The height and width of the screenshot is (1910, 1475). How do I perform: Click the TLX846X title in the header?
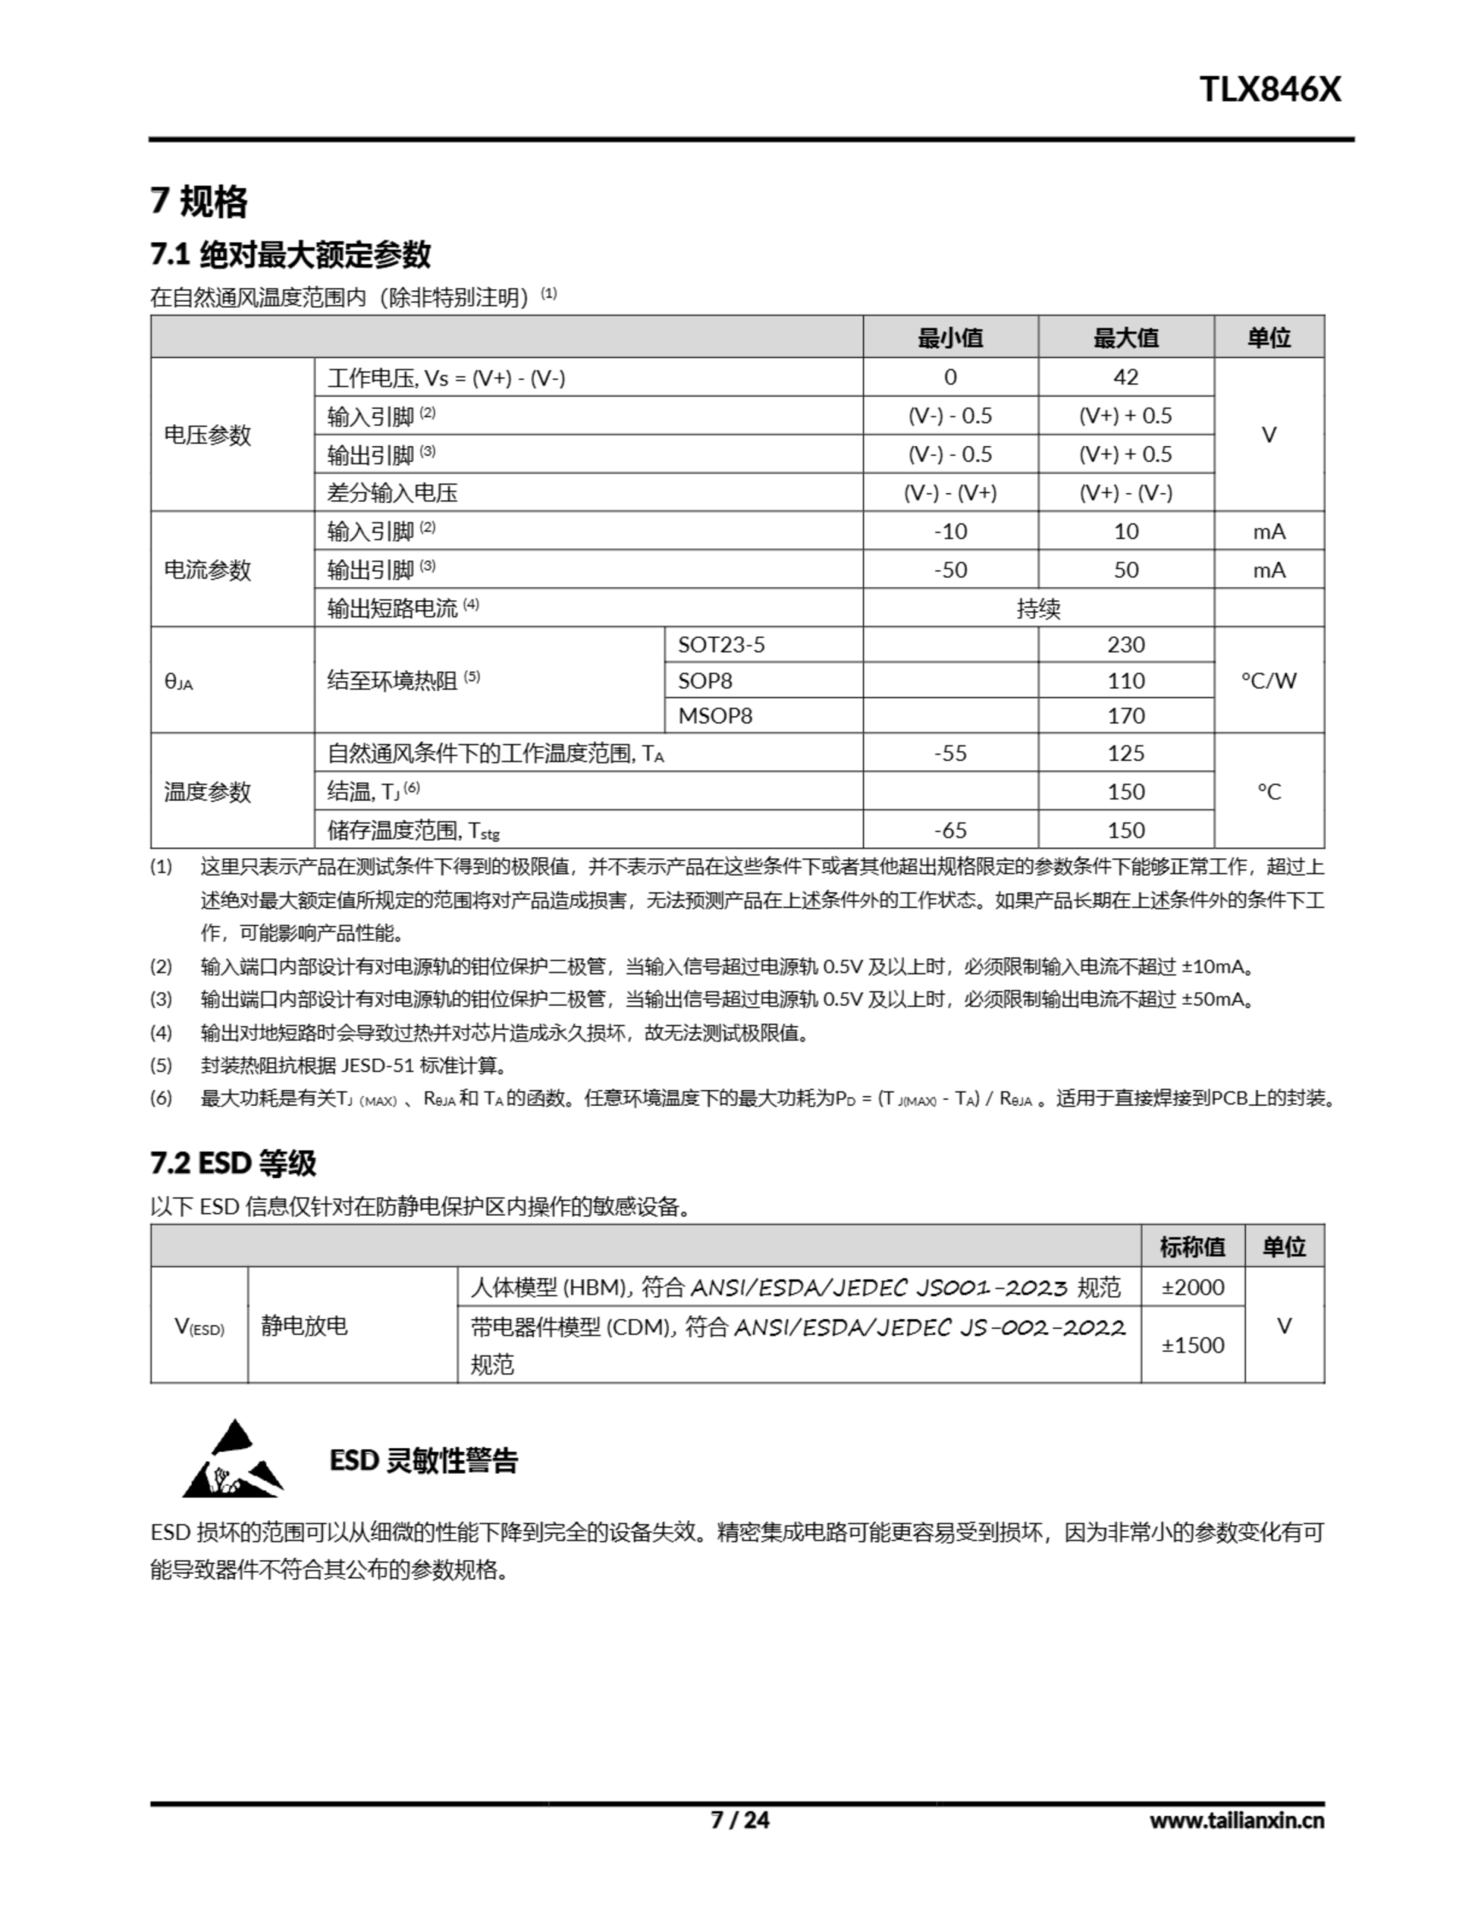[1268, 90]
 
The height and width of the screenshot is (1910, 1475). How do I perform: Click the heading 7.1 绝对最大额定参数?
[290, 254]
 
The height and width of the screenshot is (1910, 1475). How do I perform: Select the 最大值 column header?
[1125, 337]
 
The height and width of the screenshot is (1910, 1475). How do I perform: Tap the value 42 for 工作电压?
[1125, 377]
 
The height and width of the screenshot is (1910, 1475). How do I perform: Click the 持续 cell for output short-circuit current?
[1038, 608]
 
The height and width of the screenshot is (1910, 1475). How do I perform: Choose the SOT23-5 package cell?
[721, 645]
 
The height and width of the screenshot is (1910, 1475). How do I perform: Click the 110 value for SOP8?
[1125, 680]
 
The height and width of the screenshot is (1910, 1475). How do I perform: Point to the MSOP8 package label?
[714, 716]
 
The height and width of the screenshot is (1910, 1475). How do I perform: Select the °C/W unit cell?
[1268, 680]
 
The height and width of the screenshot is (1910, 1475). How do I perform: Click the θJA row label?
[178, 681]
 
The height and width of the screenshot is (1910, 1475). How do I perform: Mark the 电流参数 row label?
[207, 569]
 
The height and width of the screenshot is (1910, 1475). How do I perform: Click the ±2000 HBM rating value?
[1192, 1287]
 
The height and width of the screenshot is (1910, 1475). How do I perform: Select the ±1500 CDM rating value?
[1192, 1345]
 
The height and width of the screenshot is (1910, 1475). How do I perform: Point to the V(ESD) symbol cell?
[199, 1326]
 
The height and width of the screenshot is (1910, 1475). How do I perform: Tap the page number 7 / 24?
[740, 1819]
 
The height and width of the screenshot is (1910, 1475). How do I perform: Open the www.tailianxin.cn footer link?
[1236, 1820]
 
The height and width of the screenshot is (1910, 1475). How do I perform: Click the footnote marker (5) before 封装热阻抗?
[161, 1065]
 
